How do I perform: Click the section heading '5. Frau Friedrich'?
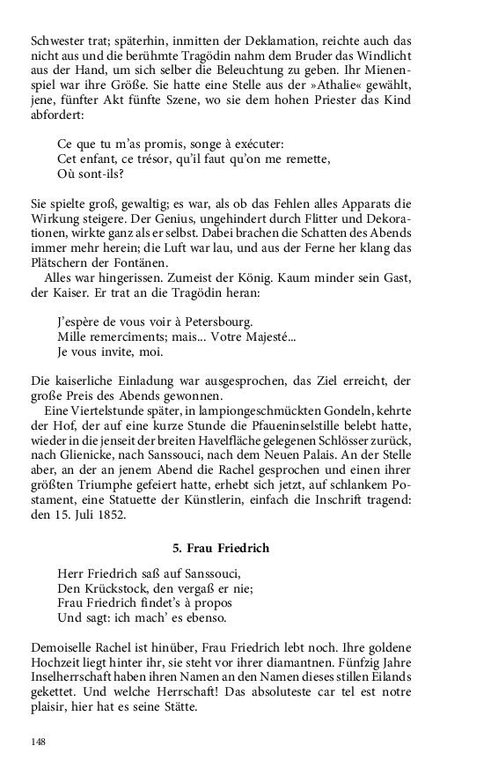tap(221, 548)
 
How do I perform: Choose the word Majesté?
tap(274, 336)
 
